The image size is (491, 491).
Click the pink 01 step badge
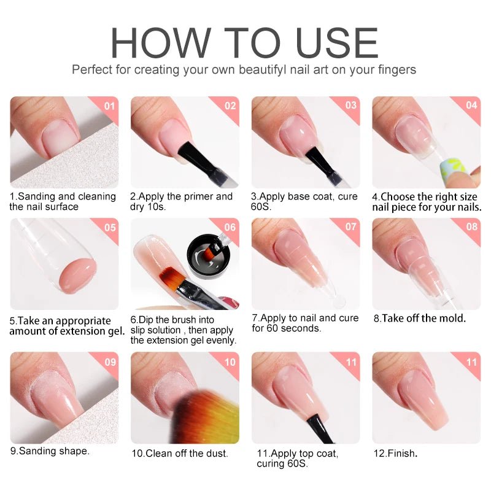tap(110, 105)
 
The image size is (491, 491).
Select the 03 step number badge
tap(351, 105)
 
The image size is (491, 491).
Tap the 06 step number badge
tap(230, 227)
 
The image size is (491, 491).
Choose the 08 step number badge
tap(471, 227)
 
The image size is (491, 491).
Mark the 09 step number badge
tap(110, 361)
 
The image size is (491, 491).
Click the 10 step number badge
tap(230, 361)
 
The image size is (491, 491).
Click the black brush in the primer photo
tap(195, 158)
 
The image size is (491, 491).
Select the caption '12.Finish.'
tap(395, 454)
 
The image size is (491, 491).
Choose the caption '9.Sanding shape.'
tap(49, 450)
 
